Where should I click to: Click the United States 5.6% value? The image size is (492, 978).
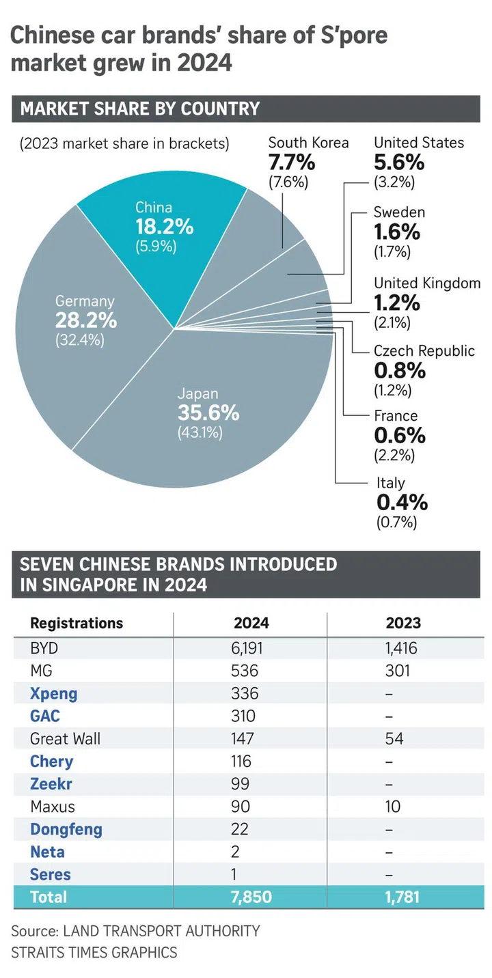click(x=399, y=164)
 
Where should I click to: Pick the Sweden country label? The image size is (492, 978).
click(x=399, y=212)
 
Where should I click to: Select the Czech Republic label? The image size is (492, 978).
click(x=424, y=351)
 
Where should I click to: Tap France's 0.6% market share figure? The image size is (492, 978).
click(x=400, y=435)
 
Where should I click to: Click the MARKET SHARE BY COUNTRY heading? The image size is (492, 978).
click(x=140, y=109)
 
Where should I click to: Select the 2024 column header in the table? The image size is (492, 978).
click(x=251, y=623)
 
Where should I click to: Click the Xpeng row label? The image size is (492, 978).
click(x=54, y=694)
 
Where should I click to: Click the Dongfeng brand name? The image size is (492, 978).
click(x=66, y=829)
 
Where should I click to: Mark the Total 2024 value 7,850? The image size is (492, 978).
click(x=252, y=897)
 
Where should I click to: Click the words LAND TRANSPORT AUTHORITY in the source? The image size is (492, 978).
click(x=161, y=931)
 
